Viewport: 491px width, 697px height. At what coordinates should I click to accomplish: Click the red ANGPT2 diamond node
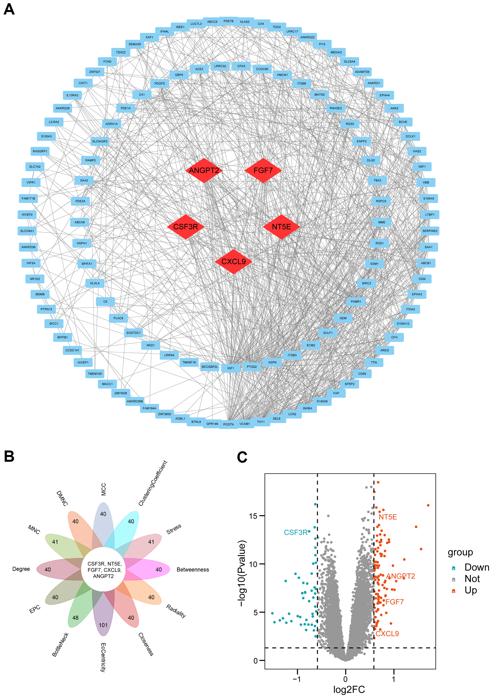tap(204, 170)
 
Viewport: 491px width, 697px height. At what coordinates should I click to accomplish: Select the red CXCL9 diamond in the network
tap(233, 262)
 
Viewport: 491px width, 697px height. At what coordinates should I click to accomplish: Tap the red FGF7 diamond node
tap(263, 170)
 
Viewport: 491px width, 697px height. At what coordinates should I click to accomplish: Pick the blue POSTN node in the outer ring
tap(228, 424)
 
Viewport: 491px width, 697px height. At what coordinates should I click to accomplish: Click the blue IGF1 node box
tap(231, 368)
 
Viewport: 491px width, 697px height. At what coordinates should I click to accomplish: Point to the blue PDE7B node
tap(228, 21)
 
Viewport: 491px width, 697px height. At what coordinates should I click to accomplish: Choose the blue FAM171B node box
tap(28, 198)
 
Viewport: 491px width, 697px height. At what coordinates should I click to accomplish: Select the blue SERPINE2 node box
tap(430, 231)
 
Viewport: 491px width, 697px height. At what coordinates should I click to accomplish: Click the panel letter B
tap(9, 456)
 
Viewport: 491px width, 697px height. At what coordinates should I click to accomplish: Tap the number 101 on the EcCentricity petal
tap(103, 625)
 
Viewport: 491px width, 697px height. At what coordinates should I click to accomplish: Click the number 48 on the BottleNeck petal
tap(75, 617)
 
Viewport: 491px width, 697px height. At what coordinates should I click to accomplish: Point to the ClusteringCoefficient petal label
tap(153, 483)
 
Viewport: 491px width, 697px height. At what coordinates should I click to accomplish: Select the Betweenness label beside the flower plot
tap(193, 569)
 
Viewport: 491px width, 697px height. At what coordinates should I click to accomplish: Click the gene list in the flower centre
tap(103, 570)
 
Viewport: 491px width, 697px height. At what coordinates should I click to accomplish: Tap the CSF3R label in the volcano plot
tap(296, 532)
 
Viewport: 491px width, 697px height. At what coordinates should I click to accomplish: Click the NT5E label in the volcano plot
tap(388, 517)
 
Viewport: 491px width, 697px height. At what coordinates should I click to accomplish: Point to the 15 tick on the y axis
tap(253, 516)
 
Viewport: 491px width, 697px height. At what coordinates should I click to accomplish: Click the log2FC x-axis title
tap(349, 689)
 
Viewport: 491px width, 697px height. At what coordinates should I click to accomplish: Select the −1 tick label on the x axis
tap(297, 679)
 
